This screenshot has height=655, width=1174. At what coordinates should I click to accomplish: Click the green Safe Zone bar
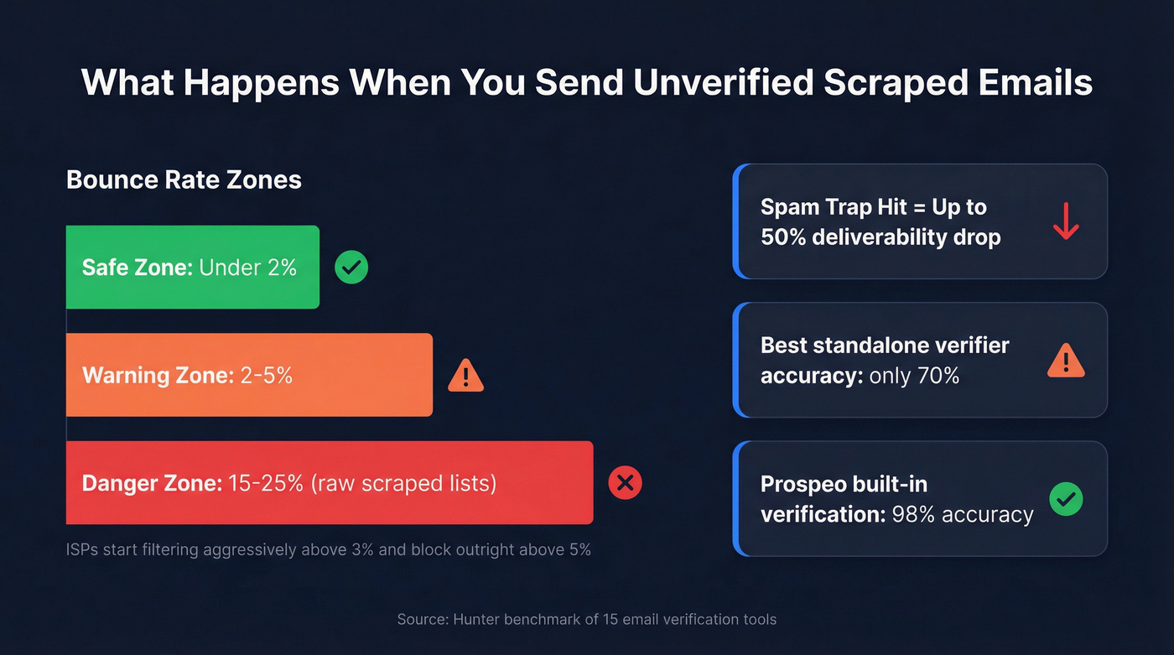click(192, 267)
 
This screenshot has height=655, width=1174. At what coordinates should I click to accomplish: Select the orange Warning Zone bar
click(249, 375)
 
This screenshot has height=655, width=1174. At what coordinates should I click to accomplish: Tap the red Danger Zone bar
click(329, 482)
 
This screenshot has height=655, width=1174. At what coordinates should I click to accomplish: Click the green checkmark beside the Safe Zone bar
click(351, 268)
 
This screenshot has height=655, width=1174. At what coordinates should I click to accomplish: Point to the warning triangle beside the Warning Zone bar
click(465, 376)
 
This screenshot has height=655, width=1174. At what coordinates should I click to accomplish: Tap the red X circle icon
click(625, 483)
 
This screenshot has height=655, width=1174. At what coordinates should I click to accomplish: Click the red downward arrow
click(1066, 221)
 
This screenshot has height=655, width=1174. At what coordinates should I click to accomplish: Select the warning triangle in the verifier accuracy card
click(1066, 361)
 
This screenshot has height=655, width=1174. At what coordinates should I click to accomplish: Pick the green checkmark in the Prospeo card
click(1066, 499)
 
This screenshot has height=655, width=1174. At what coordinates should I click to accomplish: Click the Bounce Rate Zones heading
click(184, 179)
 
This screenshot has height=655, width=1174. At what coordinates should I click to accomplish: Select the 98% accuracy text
click(959, 513)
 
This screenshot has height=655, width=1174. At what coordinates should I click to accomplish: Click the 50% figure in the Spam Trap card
click(783, 237)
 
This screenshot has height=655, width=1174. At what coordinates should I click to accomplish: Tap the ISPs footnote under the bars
click(328, 550)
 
